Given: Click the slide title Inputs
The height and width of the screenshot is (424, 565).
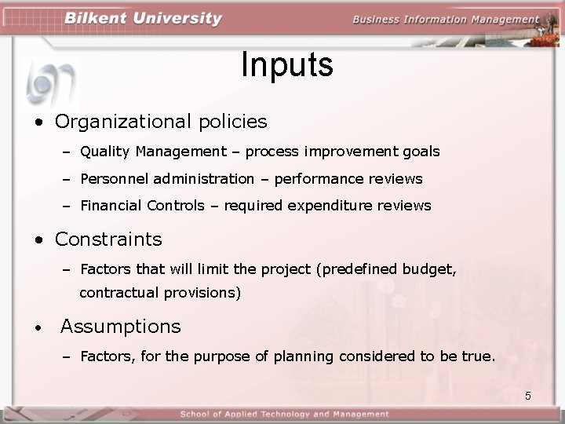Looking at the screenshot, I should coord(286,65).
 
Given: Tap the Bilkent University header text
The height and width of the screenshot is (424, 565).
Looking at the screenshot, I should coord(144,19).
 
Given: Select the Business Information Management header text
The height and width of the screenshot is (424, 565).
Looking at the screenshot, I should coord(446,20).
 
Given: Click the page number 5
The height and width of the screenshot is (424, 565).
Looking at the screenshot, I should coord(528,396).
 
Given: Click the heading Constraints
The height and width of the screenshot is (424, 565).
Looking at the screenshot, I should coord(108,239).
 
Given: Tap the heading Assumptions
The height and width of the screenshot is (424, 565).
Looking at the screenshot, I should coord(120,326).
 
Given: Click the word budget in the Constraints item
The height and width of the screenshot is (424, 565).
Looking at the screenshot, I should coord(428,269).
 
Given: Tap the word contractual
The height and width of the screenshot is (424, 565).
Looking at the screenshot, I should coord(119,294).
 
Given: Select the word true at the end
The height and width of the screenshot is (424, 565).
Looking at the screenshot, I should coord(477,356).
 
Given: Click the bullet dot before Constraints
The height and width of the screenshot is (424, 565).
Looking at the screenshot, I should coord(38,240).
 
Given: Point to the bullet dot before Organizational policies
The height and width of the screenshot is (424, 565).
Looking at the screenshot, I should coord(38,123).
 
